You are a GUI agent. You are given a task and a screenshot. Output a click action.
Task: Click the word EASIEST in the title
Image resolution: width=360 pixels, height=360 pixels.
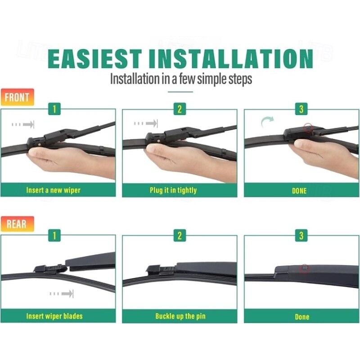[94, 58]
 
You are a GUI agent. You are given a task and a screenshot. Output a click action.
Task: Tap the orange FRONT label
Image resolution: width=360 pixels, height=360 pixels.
[17, 97]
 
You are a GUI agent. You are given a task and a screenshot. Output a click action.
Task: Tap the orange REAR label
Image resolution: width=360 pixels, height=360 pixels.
[17, 224]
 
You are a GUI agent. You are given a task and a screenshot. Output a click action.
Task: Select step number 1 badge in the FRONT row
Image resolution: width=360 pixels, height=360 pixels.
[54, 109]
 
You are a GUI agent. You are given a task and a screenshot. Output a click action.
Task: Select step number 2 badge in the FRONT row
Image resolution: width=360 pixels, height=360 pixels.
[179, 109]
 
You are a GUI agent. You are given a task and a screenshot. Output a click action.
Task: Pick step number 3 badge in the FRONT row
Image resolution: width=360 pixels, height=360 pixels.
[301, 109]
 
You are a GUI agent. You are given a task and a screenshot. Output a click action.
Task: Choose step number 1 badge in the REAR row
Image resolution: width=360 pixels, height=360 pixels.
[54, 235]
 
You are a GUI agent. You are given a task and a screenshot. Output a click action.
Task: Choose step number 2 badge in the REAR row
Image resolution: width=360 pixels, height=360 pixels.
[179, 235]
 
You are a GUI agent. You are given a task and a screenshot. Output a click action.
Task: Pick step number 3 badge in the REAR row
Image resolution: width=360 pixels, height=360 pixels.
[301, 235]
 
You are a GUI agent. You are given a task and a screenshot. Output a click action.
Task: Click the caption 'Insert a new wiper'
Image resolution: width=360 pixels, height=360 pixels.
[53, 190]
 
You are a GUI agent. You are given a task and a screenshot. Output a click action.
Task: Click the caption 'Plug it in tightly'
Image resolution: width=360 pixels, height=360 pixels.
[173, 190]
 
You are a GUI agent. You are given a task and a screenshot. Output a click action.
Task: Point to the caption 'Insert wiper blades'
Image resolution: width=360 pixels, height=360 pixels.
[54, 316]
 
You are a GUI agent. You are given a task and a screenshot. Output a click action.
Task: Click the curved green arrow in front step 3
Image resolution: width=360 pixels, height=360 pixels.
[267, 121]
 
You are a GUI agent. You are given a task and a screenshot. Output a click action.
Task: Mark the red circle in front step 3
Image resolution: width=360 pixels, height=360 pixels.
[308, 127]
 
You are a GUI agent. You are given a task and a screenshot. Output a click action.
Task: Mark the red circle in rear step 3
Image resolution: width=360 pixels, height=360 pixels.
[305, 268]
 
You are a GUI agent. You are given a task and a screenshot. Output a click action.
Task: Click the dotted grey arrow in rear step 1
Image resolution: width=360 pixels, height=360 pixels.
[62, 294]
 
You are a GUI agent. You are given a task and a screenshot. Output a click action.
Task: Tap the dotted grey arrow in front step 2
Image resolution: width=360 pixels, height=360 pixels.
[146, 123]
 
